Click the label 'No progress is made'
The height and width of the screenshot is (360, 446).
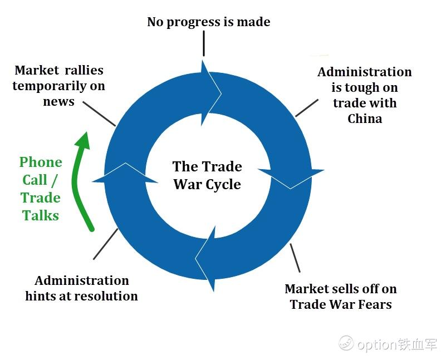tap(208, 22)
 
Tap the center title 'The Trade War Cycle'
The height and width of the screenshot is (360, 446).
tap(207, 175)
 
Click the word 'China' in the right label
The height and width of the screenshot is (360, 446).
tap(365, 119)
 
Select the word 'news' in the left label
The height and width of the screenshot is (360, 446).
tap(58, 102)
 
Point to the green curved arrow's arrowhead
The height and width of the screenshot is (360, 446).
tap(83, 140)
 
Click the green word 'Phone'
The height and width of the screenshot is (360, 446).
tap(41, 163)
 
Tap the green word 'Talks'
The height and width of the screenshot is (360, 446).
tap(41, 215)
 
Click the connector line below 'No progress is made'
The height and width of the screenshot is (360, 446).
tap(204, 43)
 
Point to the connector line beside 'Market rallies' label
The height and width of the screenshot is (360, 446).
tap(99, 114)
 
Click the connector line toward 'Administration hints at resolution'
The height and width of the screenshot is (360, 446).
tap(106, 244)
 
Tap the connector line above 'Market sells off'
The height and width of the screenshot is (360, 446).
tap(295, 258)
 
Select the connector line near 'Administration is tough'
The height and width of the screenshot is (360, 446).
tap(307, 108)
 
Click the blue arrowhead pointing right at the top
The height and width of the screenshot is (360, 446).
tap(211, 93)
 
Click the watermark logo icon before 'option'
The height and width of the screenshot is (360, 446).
tap(346, 343)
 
